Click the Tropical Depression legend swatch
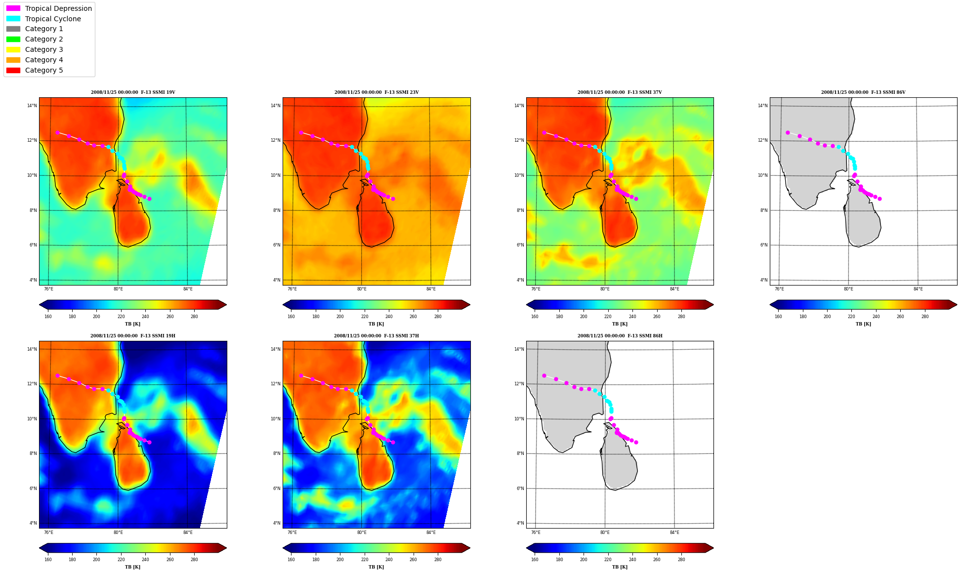tap(13, 8)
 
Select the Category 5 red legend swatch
tap(13, 70)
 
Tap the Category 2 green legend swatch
tap(13, 39)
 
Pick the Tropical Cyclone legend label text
tap(53, 19)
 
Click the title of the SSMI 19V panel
tap(133, 92)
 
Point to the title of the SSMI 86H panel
tap(620, 336)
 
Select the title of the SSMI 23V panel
tap(376, 92)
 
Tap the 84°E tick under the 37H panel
tap(431, 533)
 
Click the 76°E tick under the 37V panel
tap(536, 289)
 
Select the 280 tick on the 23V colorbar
tap(438, 317)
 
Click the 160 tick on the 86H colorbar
tap(535, 560)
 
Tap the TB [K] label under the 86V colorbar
tap(863, 324)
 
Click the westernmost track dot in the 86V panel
tap(788, 132)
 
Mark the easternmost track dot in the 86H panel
tap(636, 442)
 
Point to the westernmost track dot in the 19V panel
tap(57, 132)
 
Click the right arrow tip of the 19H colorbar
tap(226, 548)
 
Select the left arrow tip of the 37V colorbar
tap(527, 304)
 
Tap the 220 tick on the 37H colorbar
tap(364, 560)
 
